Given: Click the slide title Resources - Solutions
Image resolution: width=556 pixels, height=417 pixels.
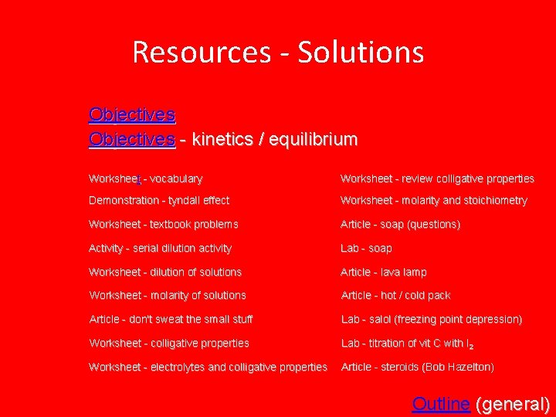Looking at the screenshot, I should tap(278, 53).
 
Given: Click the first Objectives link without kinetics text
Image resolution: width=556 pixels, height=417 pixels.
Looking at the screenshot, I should tap(132, 115).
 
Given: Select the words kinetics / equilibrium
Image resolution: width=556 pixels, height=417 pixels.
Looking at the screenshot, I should tap(274, 140).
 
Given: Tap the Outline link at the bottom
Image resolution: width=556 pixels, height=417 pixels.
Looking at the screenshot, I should tap(441, 404).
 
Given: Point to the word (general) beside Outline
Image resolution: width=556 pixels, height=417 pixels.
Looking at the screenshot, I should tap(513, 404).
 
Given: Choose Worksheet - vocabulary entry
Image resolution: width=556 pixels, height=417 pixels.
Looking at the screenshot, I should tap(146, 179).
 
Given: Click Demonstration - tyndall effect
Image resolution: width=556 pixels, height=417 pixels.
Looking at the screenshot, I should tap(159, 201).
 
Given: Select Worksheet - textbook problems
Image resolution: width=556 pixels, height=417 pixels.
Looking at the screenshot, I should tap(164, 225).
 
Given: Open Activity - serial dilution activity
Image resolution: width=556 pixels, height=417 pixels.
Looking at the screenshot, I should tap(160, 249).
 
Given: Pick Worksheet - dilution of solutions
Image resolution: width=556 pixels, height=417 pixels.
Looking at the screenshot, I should tap(165, 273).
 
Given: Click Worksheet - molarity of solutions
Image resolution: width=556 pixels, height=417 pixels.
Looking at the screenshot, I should tap(168, 296).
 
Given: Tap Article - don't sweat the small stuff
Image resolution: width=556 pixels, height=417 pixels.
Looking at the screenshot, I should tap(171, 319).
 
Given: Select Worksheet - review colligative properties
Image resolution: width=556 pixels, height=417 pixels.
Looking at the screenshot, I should tap(437, 179).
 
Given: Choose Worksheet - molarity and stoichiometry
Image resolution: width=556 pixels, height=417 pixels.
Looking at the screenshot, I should tap(434, 201).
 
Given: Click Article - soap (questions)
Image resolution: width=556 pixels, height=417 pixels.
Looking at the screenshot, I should tap(400, 225).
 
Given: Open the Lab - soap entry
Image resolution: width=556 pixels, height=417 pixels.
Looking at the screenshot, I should tap(366, 249).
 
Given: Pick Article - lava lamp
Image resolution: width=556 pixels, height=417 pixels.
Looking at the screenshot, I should tap(383, 273).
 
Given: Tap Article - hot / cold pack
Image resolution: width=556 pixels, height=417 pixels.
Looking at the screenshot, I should tap(395, 296).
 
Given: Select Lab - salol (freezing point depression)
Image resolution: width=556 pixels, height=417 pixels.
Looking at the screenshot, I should tap(432, 320).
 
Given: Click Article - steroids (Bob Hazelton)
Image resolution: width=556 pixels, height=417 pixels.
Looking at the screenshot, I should tap(417, 367).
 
